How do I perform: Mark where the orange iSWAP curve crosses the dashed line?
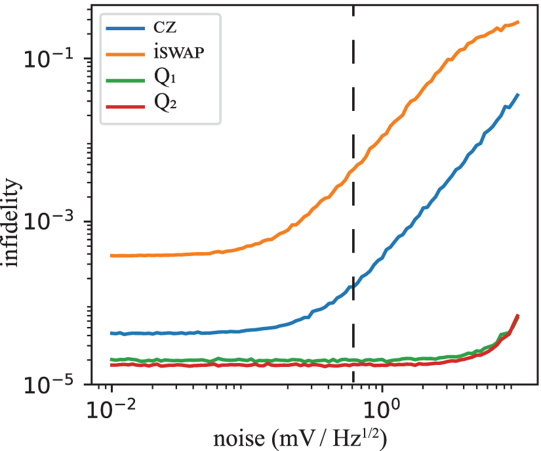[x=353, y=170]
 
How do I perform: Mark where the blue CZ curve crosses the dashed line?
[x=353, y=286]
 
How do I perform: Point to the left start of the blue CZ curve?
[x=111, y=333]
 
